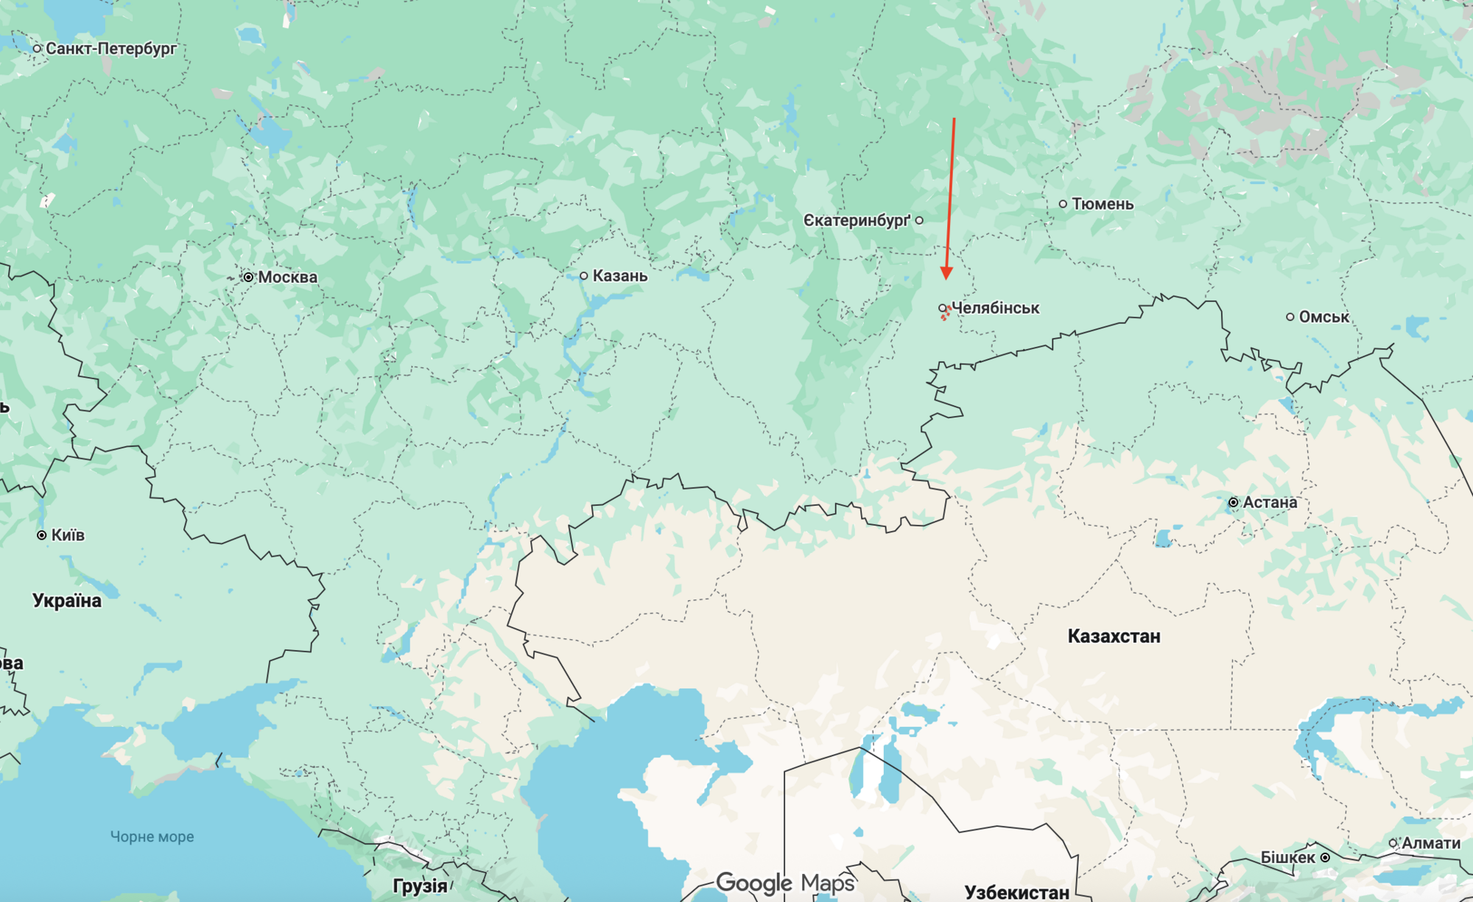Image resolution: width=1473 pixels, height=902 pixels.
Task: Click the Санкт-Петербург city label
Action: [x=110, y=49]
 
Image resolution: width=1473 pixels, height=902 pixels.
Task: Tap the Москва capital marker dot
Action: [x=249, y=278]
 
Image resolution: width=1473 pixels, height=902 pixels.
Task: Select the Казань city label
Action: [x=620, y=276]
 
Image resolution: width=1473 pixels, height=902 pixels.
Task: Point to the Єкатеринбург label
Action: [x=857, y=221]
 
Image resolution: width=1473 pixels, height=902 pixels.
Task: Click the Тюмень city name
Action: [x=1103, y=204]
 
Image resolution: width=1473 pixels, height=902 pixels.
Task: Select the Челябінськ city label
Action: [x=995, y=308]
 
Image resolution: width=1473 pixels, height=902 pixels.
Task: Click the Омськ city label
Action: [x=1323, y=317]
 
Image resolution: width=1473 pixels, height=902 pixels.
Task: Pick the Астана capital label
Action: [x=1270, y=502]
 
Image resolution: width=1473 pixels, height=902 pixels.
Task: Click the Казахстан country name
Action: [x=1114, y=636]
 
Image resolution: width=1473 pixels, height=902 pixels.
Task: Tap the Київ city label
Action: [x=68, y=535]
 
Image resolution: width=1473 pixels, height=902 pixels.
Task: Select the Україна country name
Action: [x=67, y=601]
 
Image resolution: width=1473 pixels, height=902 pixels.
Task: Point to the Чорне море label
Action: [x=152, y=836]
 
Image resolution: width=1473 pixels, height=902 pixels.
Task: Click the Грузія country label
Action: [x=420, y=886]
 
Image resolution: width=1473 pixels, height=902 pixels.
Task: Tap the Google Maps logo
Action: [x=785, y=882]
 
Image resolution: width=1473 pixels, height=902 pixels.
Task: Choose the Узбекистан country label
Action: [x=1016, y=892]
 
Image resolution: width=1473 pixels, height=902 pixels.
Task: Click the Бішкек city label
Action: [x=1287, y=858]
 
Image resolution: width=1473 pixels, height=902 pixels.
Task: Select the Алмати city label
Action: [x=1430, y=843]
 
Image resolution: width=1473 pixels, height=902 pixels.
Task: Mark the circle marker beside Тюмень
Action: [x=1063, y=204]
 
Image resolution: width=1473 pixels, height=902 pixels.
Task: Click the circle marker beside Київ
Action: [x=42, y=535]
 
